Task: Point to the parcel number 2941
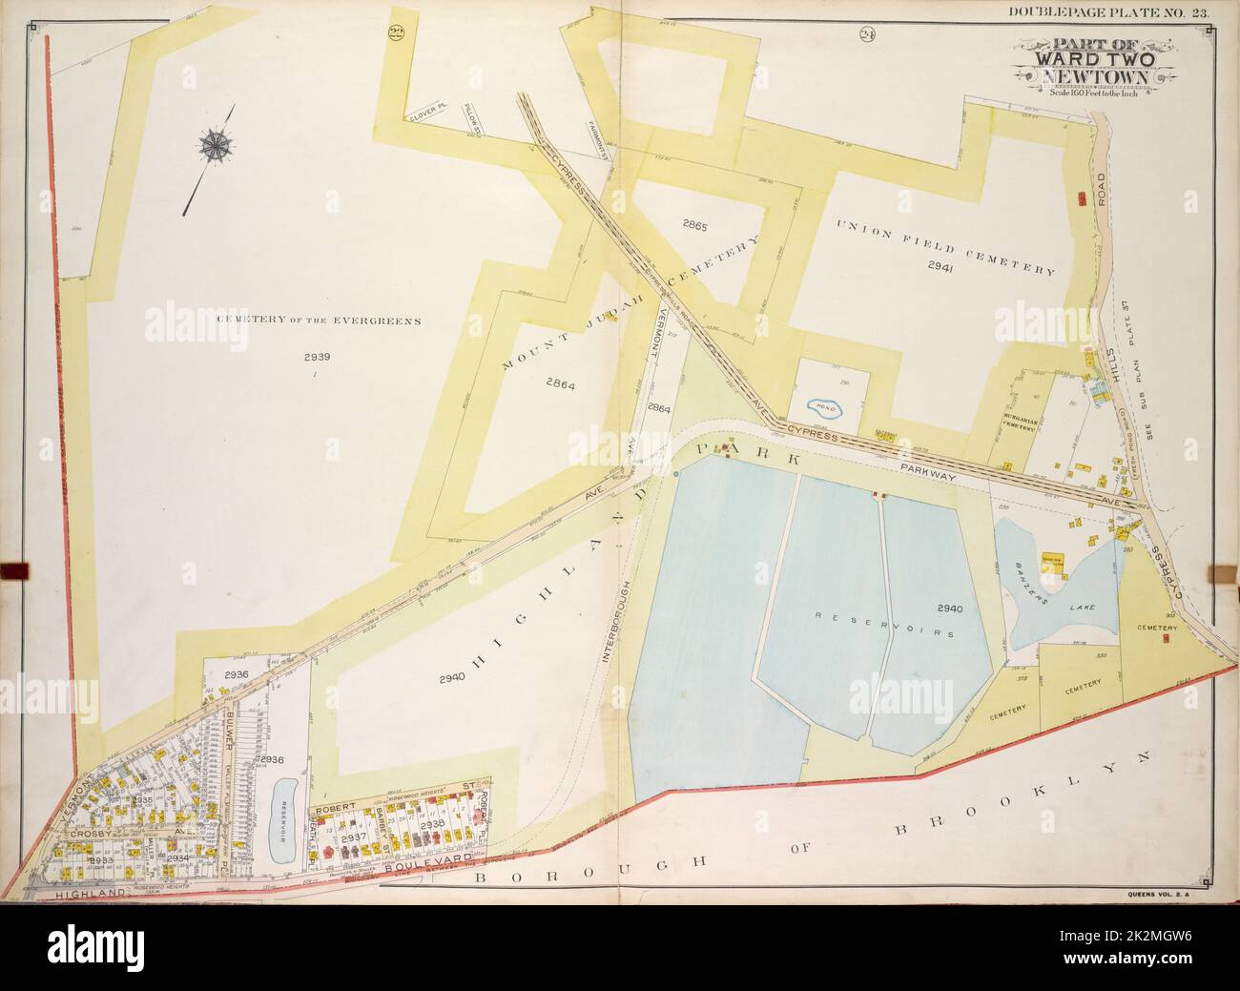pyautogui.click(x=940, y=268)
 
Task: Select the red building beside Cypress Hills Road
pyautogui.click(x=1081, y=198)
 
